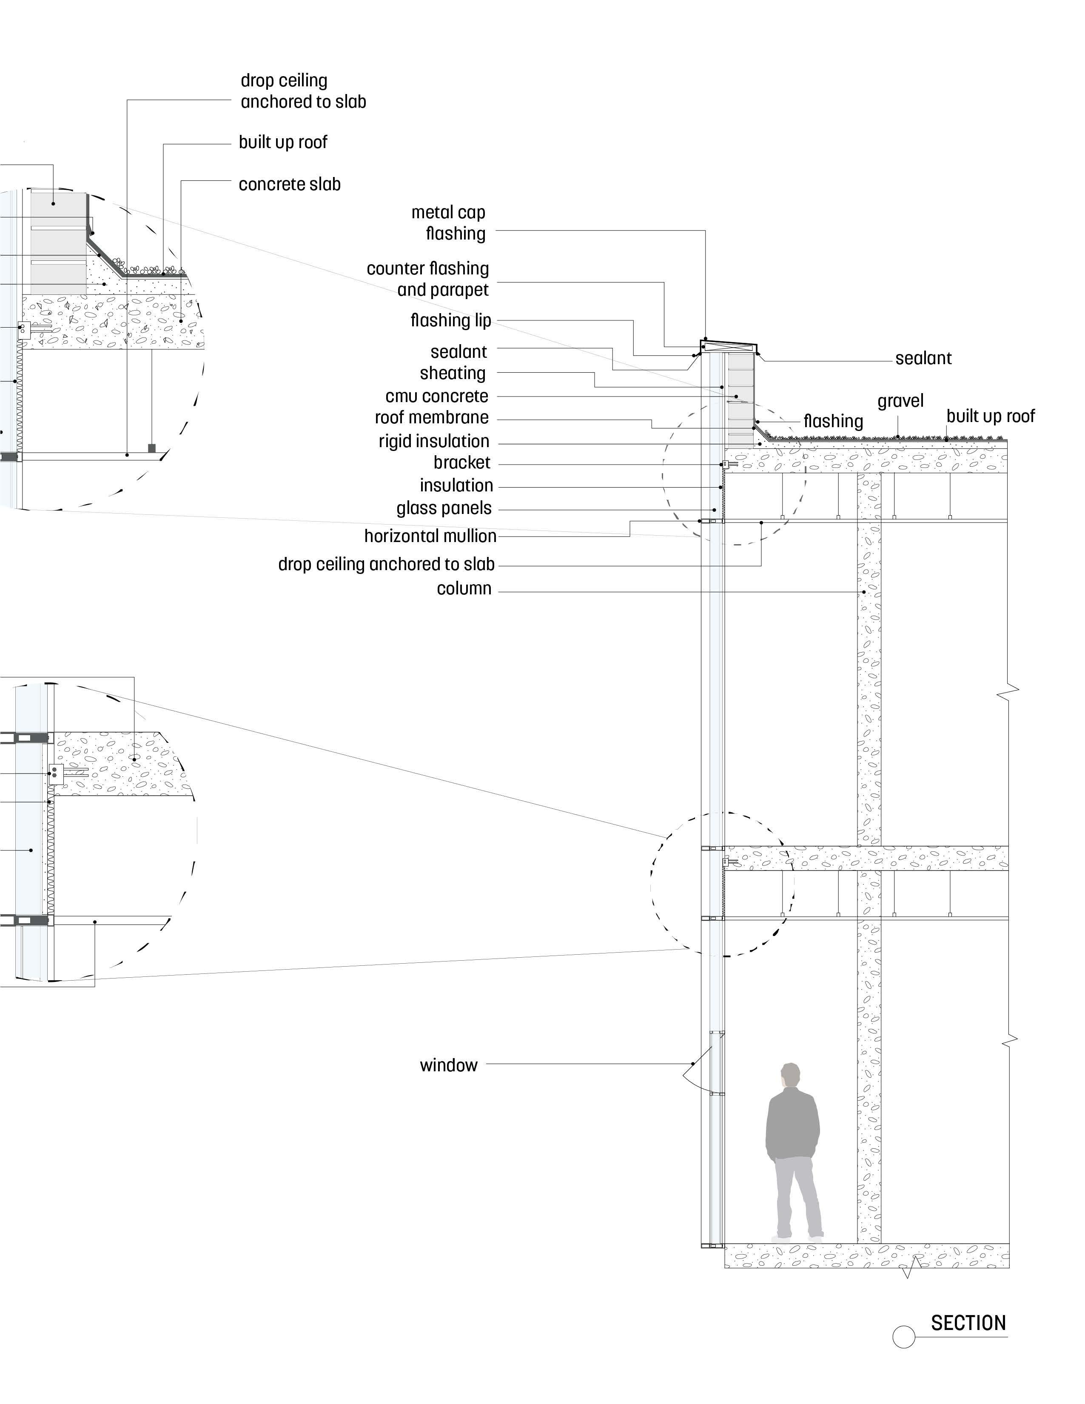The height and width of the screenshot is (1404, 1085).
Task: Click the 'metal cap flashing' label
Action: click(449, 223)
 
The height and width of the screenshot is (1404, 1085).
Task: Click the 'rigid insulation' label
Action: click(434, 442)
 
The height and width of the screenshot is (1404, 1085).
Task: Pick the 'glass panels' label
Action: click(444, 508)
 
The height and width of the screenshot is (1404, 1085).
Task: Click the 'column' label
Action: click(464, 589)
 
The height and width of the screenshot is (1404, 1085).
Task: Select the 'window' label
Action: click(449, 1066)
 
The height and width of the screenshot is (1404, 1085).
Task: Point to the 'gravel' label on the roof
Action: click(900, 401)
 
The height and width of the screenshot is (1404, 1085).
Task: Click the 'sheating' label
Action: click(453, 374)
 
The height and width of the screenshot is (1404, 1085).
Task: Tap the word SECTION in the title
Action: click(968, 1323)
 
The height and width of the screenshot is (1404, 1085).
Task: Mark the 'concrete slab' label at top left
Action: click(289, 185)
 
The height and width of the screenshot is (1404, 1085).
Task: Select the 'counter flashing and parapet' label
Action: click(428, 279)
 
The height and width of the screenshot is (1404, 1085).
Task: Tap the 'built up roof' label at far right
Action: click(990, 417)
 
